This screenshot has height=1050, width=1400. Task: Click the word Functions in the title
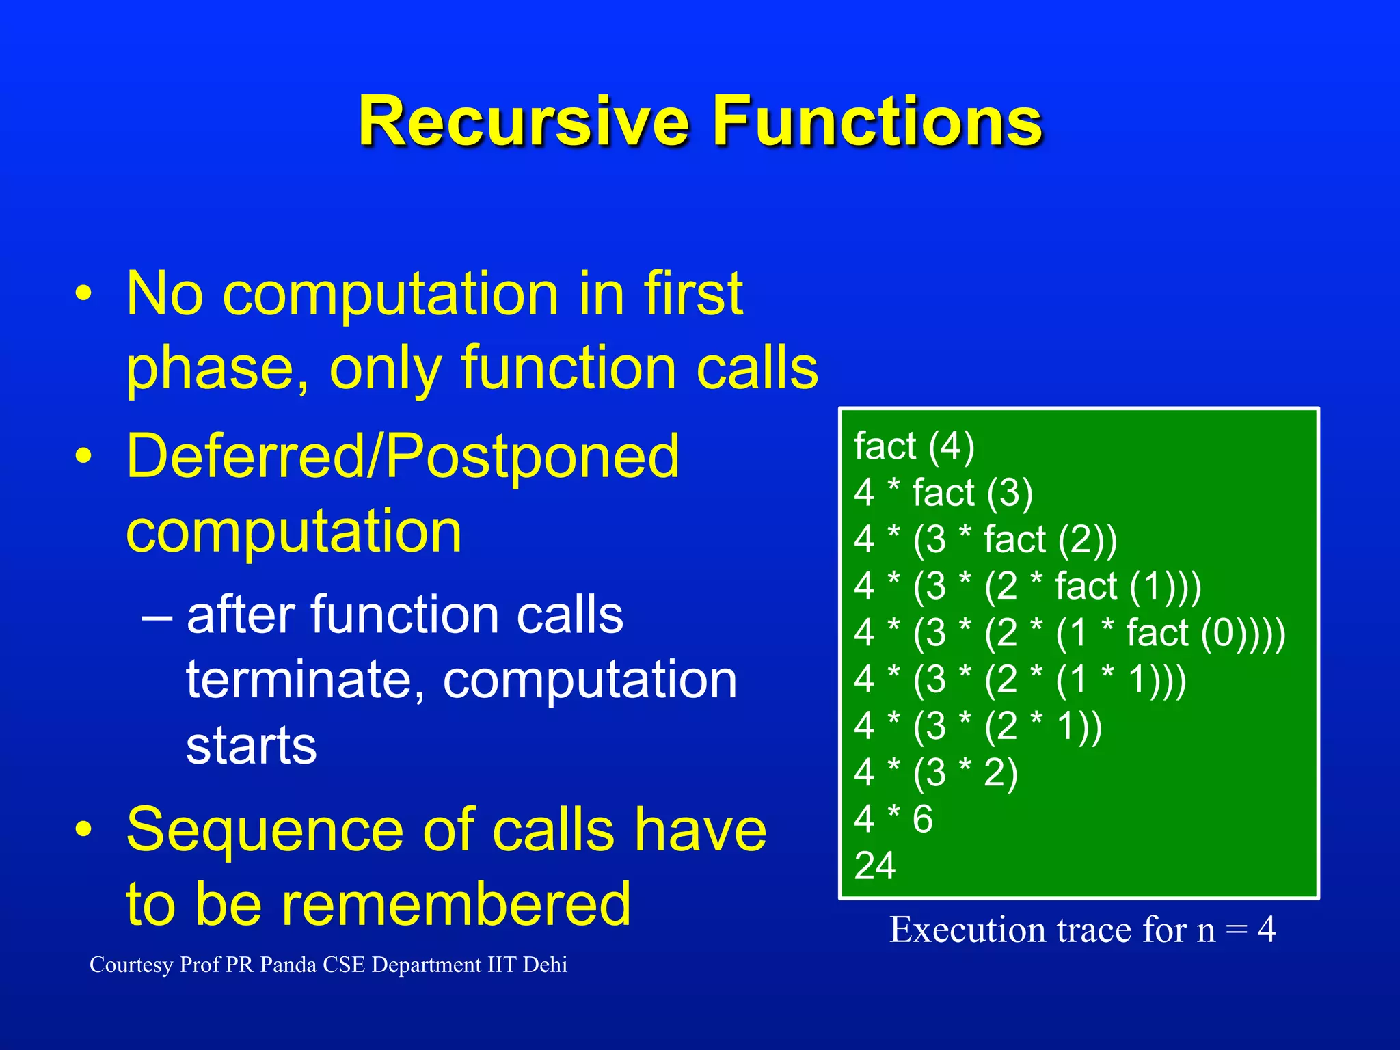tap(877, 122)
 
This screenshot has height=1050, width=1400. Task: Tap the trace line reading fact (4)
tap(914, 446)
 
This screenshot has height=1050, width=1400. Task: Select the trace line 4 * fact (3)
tap(943, 493)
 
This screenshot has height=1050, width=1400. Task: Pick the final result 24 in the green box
tap(874, 866)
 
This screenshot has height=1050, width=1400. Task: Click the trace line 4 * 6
tap(893, 819)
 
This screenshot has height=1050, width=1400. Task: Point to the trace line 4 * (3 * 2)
tap(935, 772)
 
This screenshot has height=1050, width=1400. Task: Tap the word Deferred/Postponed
tap(403, 457)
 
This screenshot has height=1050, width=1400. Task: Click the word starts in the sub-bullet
tap(251, 745)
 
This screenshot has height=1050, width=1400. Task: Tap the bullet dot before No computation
tap(83, 295)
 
